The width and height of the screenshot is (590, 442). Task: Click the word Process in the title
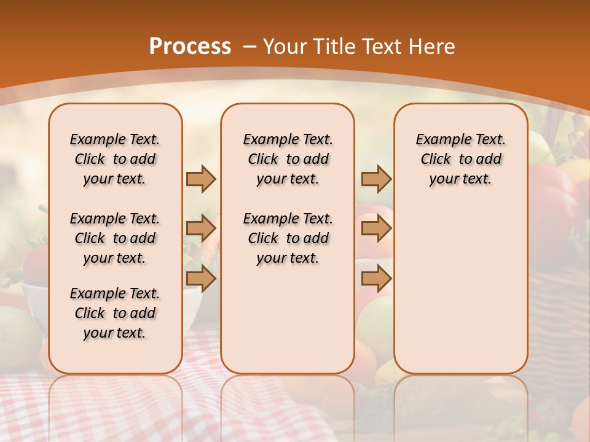(190, 47)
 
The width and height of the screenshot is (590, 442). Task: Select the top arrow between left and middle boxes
(201, 179)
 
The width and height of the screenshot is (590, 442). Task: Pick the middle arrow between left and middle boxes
(201, 228)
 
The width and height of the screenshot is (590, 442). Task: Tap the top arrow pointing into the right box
(376, 179)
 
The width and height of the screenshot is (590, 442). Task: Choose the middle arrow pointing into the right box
(376, 228)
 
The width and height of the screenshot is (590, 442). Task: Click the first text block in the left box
(115, 159)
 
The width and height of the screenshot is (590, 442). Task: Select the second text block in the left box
(115, 238)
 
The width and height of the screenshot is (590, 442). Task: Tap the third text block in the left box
(115, 313)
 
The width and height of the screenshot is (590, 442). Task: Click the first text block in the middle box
(288, 159)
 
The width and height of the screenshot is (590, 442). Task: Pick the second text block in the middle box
(288, 238)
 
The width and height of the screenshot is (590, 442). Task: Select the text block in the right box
(460, 159)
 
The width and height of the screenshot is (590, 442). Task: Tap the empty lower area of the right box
(460, 282)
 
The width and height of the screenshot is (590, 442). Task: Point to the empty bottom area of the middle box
(288, 325)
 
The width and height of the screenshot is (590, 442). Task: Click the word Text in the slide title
(380, 47)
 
